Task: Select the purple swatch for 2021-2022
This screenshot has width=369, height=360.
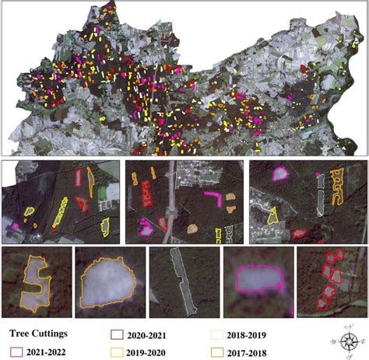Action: pyautogui.click(x=16, y=353)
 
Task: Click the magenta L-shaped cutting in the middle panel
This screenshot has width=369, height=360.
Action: pyautogui.click(x=214, y=195)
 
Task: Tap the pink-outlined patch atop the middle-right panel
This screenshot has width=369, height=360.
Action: pyautogui.click(x=277, y=174)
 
